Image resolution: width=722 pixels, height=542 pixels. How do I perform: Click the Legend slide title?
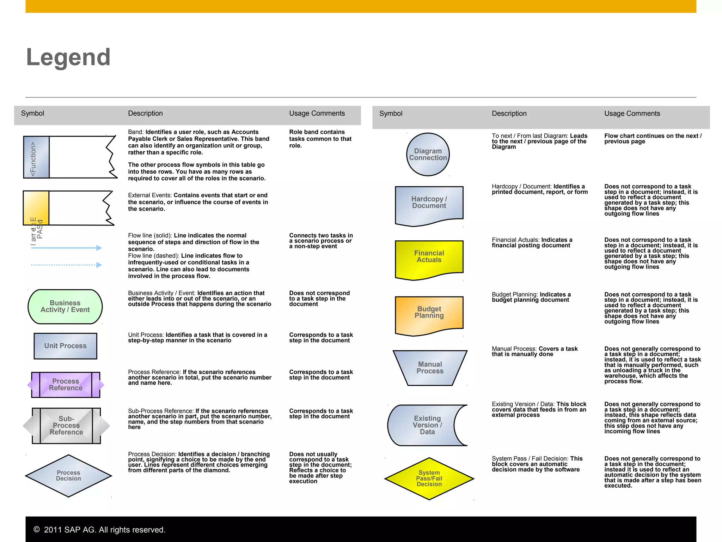68,57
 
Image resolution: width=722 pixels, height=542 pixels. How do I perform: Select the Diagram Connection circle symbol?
428,155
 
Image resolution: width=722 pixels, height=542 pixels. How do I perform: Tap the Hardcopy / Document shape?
429,204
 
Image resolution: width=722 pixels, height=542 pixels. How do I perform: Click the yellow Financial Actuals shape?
429,258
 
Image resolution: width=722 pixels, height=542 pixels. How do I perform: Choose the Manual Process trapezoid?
430,368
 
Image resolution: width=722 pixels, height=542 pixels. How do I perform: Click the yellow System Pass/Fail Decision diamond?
429,478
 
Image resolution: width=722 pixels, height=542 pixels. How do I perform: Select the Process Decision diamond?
68,476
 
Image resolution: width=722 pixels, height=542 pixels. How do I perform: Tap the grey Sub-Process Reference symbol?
66,426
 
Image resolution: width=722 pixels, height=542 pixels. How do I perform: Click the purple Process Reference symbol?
66,385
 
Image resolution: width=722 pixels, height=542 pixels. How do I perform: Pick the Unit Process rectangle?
65,346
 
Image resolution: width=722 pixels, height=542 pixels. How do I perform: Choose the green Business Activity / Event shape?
65,307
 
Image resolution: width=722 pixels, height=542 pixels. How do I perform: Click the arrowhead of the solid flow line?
99,248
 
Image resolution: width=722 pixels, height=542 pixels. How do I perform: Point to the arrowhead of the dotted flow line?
99,265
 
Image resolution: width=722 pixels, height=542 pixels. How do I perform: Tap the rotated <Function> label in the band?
33,158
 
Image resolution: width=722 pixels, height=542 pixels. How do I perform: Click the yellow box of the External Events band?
36,208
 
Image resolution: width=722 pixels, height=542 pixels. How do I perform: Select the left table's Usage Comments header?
317,113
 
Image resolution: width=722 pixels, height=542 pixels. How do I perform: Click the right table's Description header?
509,114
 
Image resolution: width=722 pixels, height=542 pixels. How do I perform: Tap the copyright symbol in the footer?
37,529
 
